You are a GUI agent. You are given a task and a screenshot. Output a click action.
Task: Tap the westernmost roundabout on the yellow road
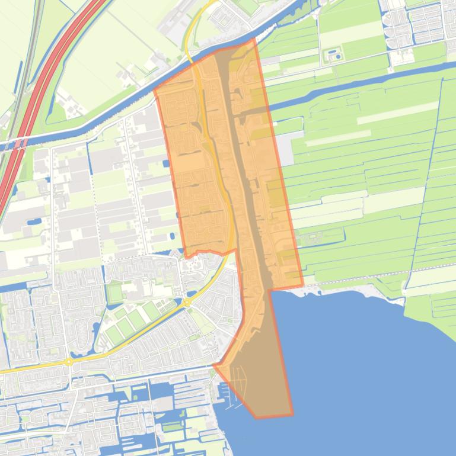pos(69,361)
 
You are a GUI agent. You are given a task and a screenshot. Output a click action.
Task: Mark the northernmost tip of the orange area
pos(254,39)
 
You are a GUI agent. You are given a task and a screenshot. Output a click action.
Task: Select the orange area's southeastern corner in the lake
pos(292,414)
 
